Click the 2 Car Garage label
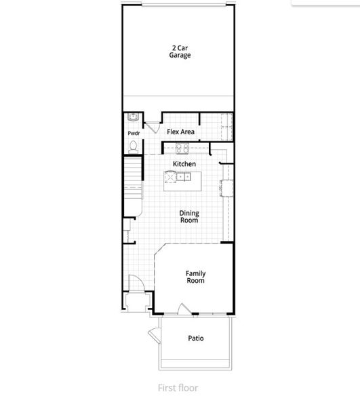click(x=180, y=52)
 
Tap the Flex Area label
click(x=181, y=132)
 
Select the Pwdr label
click(x=133, y=134)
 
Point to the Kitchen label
click(x=184, y=164)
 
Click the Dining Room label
click(x=188, y=216)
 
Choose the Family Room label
click(x=195, y=277)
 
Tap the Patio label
click(x=195, y=338)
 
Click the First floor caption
click(x=178, y=389)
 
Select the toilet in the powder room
click(x=134, y=145)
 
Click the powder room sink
click(x=133, y=117)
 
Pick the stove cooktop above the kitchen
click(x=182, y=147)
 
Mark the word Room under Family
click(x=195, y=280)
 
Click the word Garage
click(x=180, y=56)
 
